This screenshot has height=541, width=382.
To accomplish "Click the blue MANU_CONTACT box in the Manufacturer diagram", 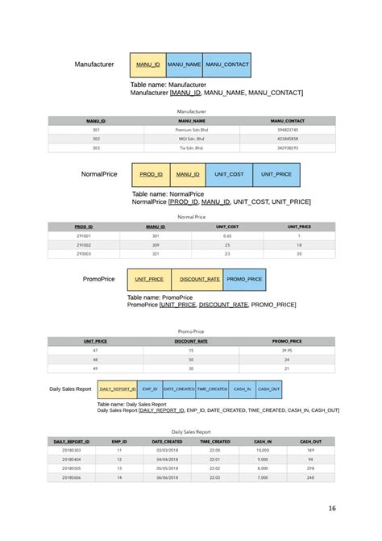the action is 227,65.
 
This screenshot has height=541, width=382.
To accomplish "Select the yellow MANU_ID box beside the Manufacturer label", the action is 147,65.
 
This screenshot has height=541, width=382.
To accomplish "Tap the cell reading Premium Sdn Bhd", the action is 192,129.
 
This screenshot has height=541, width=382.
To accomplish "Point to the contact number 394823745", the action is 288,129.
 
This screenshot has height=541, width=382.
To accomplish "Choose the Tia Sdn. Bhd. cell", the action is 192,148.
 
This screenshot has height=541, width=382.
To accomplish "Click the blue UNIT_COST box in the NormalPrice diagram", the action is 229,174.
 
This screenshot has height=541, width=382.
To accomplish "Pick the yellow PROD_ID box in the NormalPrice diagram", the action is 152,174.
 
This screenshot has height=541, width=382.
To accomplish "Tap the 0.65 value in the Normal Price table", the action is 227,235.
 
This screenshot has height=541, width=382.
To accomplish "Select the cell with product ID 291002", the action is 84,244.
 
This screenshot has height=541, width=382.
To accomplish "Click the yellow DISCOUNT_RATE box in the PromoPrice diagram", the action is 199,279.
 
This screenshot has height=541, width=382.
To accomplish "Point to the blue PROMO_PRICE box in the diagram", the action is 244,279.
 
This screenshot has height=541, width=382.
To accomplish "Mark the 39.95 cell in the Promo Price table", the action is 287,350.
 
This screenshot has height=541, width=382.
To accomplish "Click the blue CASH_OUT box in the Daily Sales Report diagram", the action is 268,389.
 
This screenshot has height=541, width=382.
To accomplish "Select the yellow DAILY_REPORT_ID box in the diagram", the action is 118,389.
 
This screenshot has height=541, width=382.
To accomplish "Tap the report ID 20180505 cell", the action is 71,468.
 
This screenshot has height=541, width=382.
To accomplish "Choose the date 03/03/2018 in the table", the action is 168,450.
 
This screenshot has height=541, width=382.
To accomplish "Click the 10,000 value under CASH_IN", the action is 263,450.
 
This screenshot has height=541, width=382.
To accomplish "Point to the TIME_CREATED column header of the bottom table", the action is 215,441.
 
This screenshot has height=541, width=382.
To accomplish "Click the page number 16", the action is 331,509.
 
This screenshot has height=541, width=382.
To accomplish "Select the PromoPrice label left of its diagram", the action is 98,279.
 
